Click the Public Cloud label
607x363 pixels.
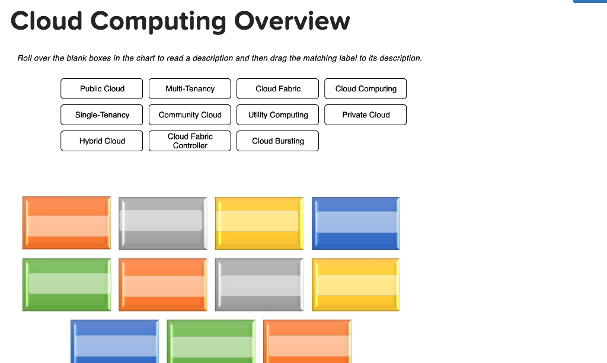pyautogui.click(x=101, y=88)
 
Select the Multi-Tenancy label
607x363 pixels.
pyautogui.click(x=190, y=88)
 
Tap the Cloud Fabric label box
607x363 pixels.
pyautogui.click(x=277, y=88)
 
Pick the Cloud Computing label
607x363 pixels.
pyautogui.click(x=366, y=88)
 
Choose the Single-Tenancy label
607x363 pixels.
pyautogui.click(x=101, y=114)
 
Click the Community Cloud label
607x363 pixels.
pyautogui.click(x=190, y=114)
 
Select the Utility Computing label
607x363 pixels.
pyautogui.click(x=277, y=114)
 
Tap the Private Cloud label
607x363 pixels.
pyautogui.click(x=366, y=114)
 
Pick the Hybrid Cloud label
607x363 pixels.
pyautogui.click(x=101, y=141)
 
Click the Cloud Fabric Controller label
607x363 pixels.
pyautogui.click(x=190, y=141)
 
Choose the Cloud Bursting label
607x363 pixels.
pyautogui.click(x=277, y=141)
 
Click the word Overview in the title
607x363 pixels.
pyautogui.click(x=292, y=21)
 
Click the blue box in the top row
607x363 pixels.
pyautogui.click(x=356, y=222)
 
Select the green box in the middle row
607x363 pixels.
pyautogui.click(x=67, y=284)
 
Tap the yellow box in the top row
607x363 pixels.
pyautogui.click(x=259, y=222)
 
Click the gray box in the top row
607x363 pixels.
pyautogui.click(x=163, y=222)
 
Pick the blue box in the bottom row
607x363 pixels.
pyautogui.click(x=115, y=343)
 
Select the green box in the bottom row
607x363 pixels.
pyautogui.click(x=211, y=343)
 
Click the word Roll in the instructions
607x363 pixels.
pyautogui.click(x=24, y=58)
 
